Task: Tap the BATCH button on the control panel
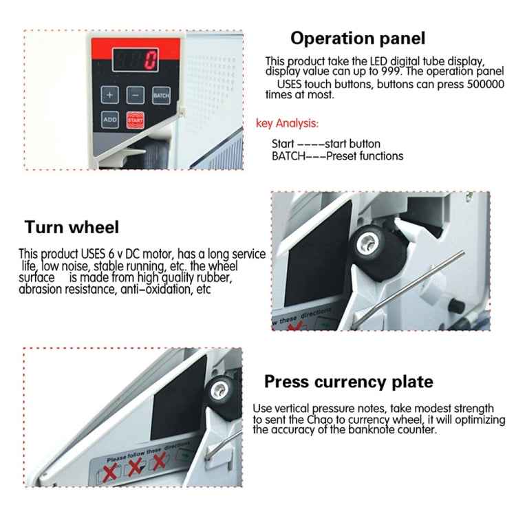pos(161,95)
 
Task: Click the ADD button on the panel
pos(111,119)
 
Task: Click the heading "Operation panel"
pos(357,38)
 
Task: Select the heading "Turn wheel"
pos(72,227)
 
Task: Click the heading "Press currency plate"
pos(349,381)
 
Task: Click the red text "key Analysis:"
pos(287,124)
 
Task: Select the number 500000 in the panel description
pos(486,83)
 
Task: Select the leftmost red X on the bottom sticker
pos(109,472)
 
